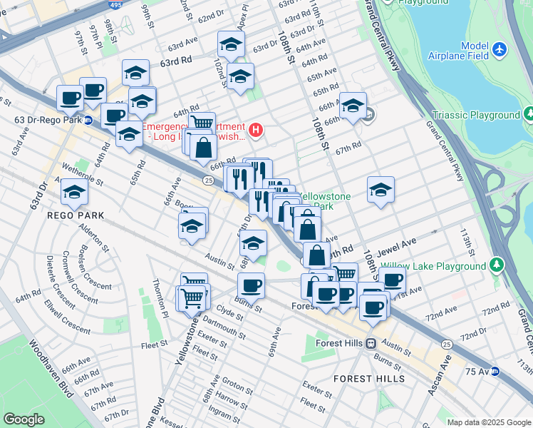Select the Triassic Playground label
(476, 115)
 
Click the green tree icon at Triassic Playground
(529, 114)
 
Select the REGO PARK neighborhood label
(76, 215)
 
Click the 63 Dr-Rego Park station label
(41, 119)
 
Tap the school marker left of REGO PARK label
(74, 191)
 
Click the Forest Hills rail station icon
(371, 343)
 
